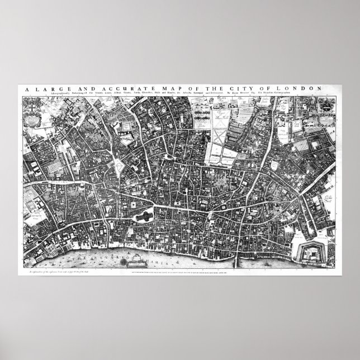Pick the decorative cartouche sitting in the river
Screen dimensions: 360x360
139,259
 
